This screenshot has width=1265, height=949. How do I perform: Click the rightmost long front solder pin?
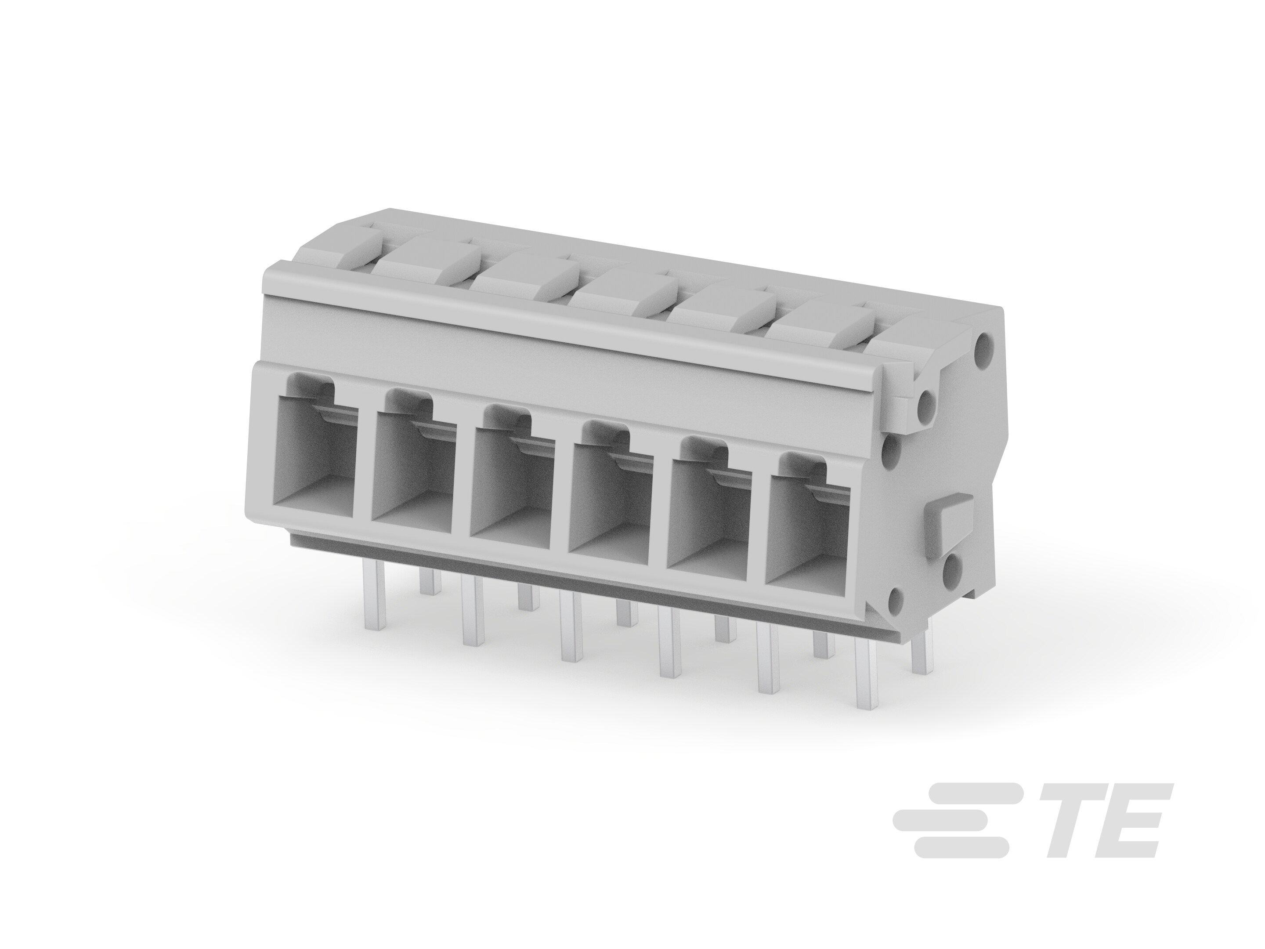pos(867,675)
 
